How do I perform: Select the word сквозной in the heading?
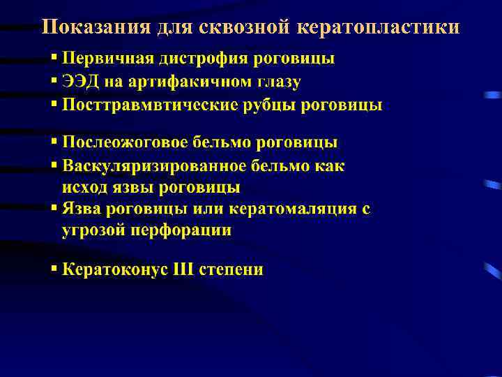click(x=237, y=27)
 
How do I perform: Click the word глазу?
click(x=277, y=82)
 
